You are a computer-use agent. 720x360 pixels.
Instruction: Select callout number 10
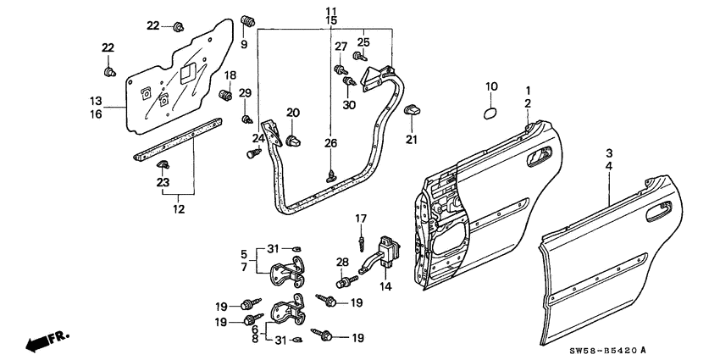492,86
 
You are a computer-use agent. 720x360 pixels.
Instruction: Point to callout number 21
413,140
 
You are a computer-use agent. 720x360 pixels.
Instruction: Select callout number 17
360,219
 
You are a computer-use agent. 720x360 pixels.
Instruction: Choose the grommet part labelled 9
248,20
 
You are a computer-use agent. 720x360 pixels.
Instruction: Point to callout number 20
293,113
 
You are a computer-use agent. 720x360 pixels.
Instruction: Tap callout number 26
331,142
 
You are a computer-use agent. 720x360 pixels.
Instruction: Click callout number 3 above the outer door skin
608,153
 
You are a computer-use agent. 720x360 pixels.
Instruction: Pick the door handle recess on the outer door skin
661,212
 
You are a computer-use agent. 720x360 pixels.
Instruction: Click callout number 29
245,92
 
